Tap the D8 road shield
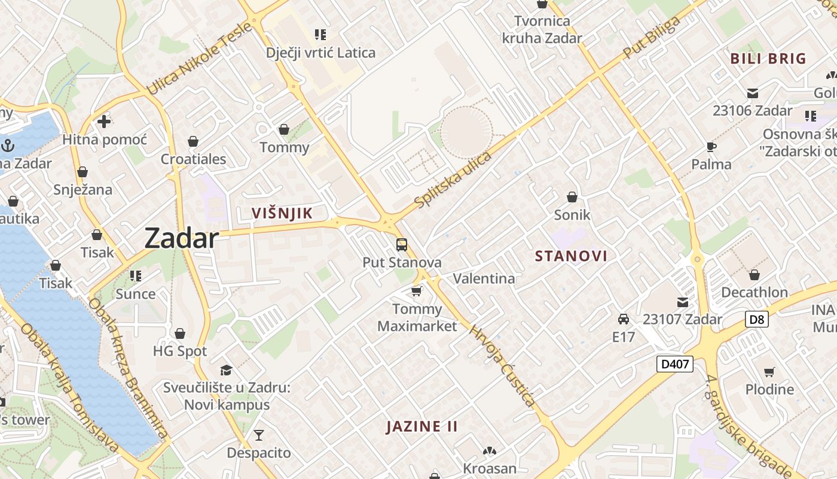point(756,319)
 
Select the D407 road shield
point(675,363)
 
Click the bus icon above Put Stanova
point(402,245)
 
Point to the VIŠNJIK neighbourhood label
point(282,213)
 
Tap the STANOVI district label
point(571,256)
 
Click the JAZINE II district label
point(422,427)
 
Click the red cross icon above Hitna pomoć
point(104,122)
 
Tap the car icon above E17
point(624,319)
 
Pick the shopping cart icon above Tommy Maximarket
point(417,292)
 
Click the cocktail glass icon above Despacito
point(259,435)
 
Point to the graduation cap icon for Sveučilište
point(226,370)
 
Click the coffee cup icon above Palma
point(711,147)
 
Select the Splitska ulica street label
point(453,180)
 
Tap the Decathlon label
point(754,292)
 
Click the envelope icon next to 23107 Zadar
point(682,302)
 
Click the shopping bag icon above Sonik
point(572,196)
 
